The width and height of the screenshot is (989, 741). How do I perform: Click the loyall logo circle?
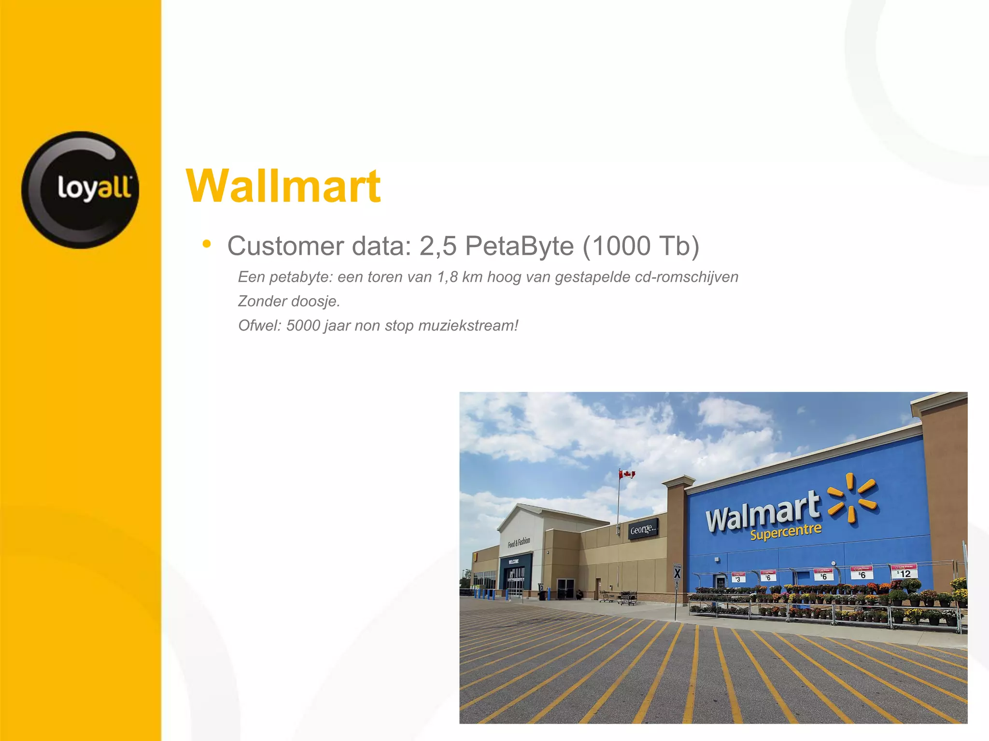pyautogui.click(x=80, y=190)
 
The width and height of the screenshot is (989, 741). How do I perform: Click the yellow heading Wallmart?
pyautogui.click(x=283, y=186)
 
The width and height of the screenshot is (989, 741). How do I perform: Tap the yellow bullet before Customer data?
pyautogui.click(x=207, y=244)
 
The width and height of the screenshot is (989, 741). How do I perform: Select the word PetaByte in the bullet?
pyautogui.click(x=519, y=246)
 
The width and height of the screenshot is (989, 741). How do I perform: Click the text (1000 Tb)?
pyautogui.click(x=641, y=246)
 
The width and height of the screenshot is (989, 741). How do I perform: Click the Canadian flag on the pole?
pyautogui.click(x=627, y=474)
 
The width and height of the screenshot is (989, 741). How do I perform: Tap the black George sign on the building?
pyautogui.click(x=643, y=529)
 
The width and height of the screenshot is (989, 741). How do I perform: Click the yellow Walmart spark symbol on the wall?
pyautogui.click(x=852, y=498)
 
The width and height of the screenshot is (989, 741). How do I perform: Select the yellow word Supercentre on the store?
pyautogui.click(x=786, y=532)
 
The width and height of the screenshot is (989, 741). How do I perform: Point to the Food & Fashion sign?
pyautogui.click(x=519, y=542)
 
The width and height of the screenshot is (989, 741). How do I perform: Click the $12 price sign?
pyautogui.click(x=904, y=572)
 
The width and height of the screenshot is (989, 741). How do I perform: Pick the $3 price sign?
pyautogui.click(x=738, y=578)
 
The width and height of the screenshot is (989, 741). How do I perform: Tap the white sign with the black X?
pyautogui.click(x=677, y=573)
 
